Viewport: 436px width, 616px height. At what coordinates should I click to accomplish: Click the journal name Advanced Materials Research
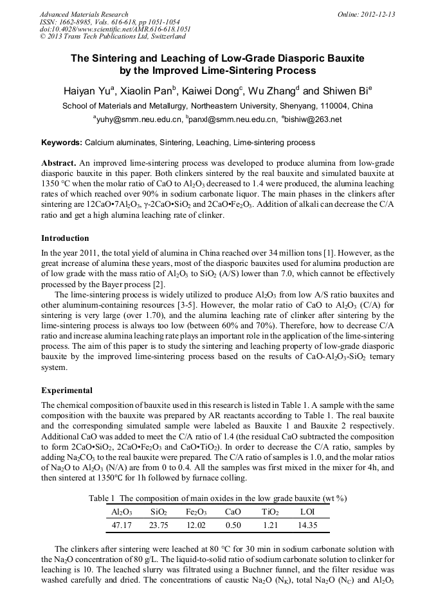(x=84, y=14)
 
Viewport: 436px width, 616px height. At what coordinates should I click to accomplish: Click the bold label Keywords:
(x=62, y=142)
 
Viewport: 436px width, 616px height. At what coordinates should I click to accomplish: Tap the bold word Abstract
(x=59, y=164)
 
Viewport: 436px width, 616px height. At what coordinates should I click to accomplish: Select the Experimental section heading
(x=67, y=390)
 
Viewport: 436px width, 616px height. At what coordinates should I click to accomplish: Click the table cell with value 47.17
(x=122, y=525)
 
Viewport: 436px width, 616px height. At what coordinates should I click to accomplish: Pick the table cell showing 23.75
(x=158, y=525)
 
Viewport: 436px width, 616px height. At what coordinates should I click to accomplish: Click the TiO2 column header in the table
(x=270, y=512)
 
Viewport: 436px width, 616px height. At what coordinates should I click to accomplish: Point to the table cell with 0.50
(x=233, y=525)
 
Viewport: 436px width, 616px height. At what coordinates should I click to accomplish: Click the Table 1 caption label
(x=102, y=499)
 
